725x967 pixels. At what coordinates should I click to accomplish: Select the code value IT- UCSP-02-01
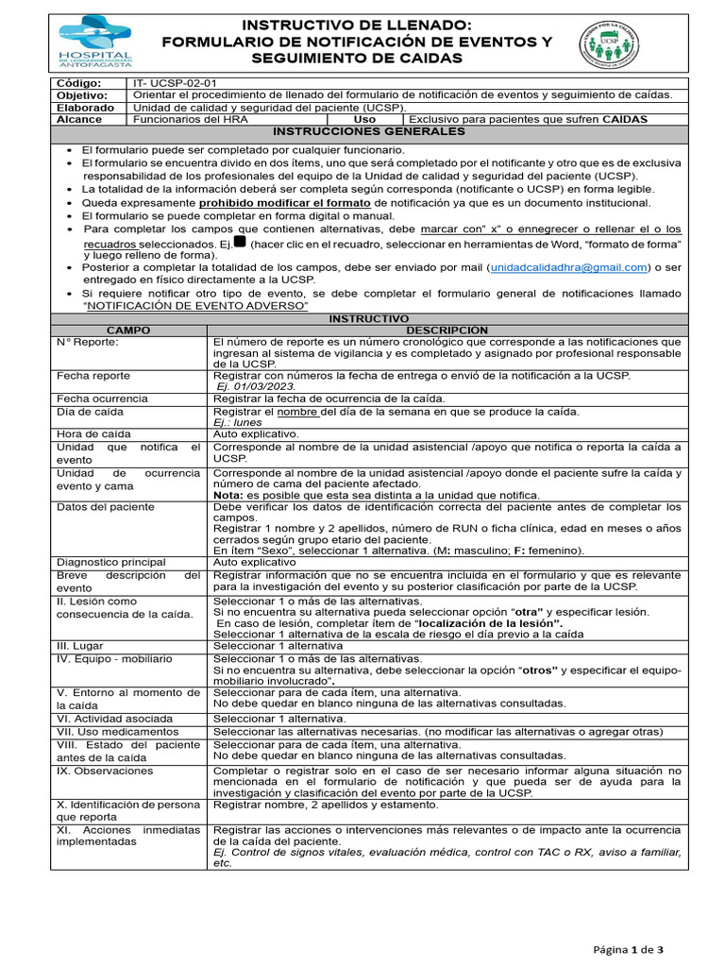click(x=176, y=83)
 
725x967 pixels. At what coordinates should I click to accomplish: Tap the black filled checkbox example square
click(x=239, y=242)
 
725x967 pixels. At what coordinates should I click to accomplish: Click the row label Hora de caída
click(x=93, y=433)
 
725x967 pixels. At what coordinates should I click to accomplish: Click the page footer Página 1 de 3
click(x=628, y=948)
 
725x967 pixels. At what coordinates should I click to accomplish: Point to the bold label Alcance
click(x=78, y=120)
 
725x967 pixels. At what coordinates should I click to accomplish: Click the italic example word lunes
click(x=250, y=422)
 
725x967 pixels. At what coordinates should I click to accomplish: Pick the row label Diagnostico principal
click(x=110, y=561)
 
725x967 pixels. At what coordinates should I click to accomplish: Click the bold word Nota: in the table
click(x=228, y=495)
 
